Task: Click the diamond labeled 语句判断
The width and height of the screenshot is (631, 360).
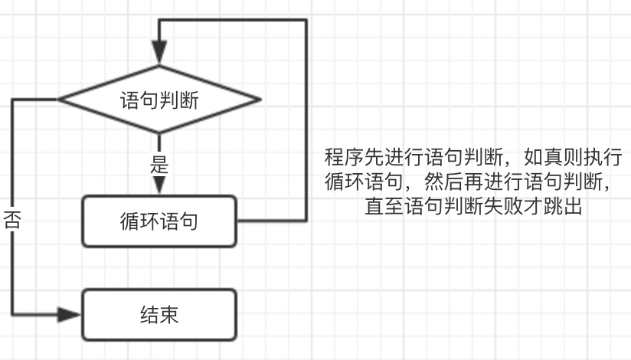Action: point(160,100)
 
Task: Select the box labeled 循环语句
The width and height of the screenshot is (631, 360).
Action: point(160,222)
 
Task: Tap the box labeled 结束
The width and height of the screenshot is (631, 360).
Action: point(160,314)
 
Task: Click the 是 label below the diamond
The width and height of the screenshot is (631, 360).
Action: point(160,164)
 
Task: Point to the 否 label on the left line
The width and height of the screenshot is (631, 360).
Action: point(12,221)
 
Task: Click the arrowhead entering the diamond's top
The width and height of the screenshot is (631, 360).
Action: point(159,54)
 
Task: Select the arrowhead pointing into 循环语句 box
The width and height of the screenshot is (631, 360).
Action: point(159,187)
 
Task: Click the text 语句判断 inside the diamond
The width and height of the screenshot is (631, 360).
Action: point(160,100)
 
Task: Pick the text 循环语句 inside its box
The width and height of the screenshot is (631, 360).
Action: point(160,222)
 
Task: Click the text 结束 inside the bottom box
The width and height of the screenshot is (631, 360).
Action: point(160,314)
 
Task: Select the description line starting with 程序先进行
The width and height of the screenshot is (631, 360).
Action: point(472,159)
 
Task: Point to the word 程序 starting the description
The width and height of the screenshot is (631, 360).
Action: point(342,159)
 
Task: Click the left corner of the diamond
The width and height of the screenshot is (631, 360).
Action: point(61,100)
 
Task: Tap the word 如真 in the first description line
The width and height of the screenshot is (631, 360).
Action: point(541,159)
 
